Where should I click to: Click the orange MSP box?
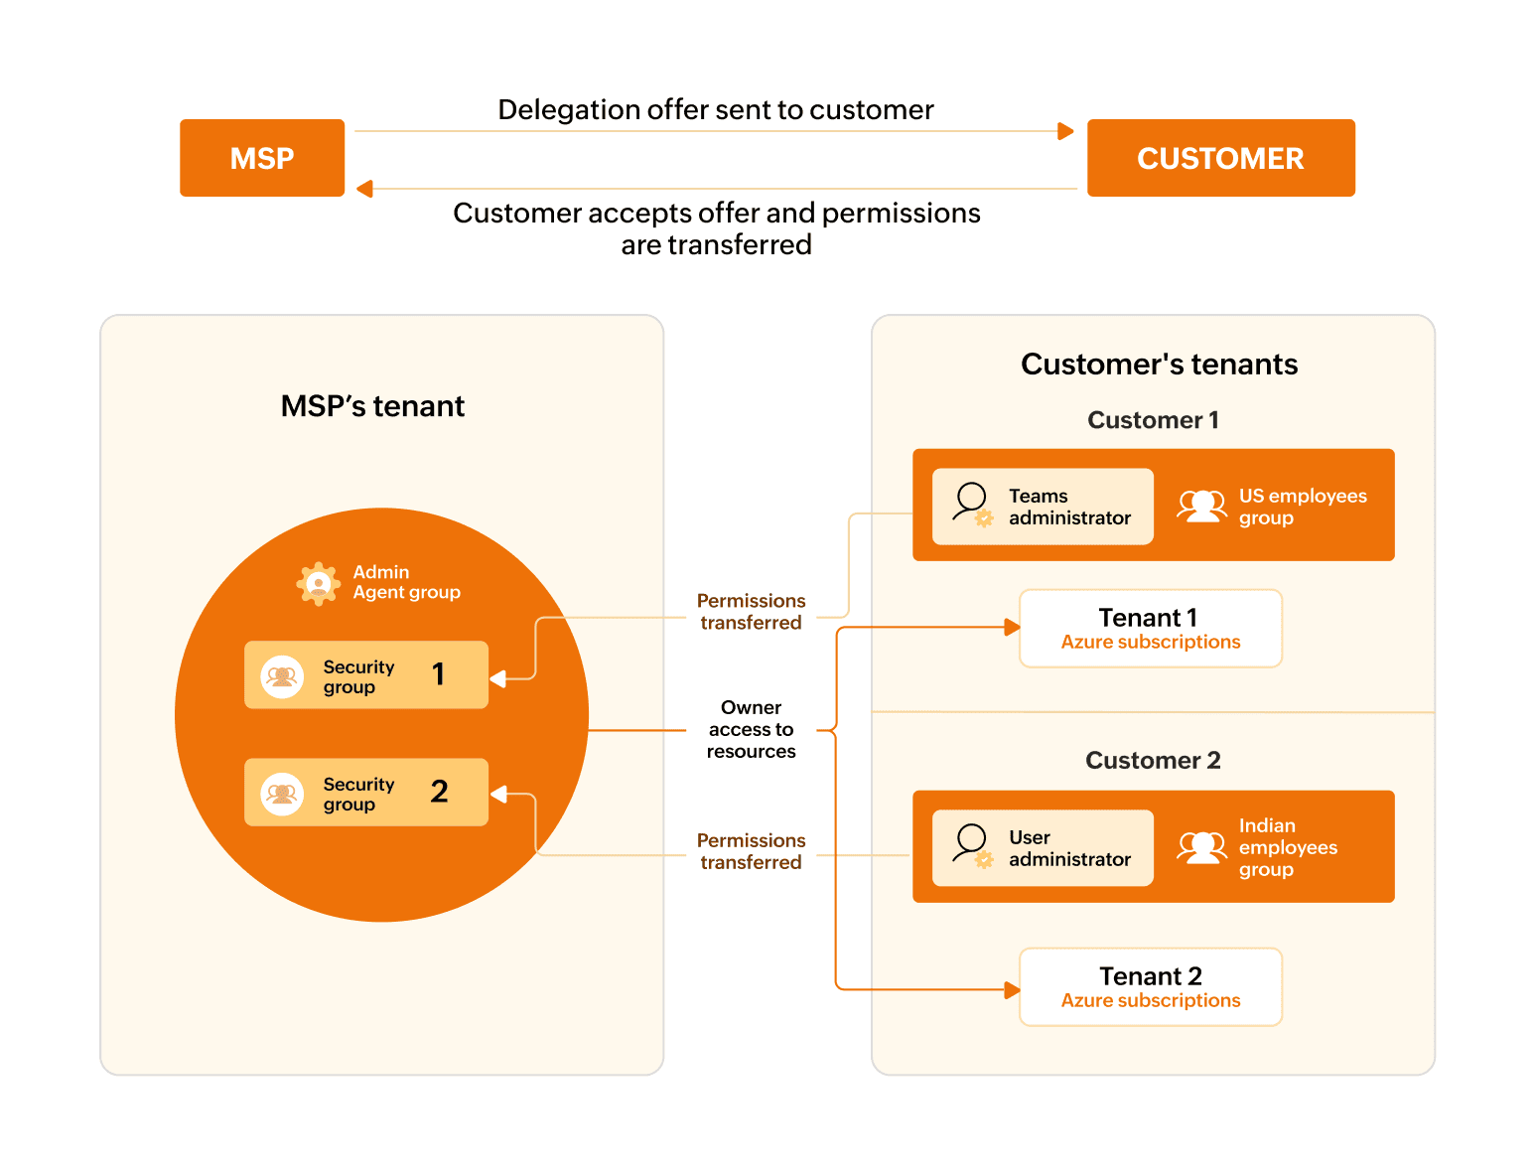(262, 158)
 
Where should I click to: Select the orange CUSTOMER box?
(1220, 158)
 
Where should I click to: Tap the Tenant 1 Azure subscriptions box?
(1150, 629)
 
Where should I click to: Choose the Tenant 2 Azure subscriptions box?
(1150, 987)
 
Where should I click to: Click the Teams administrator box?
(1043, 507)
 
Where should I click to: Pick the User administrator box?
(1043, 848)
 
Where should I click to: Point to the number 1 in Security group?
(438, 674)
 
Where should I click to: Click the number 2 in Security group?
(439, 792)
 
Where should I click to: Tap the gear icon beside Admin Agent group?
(319, 583)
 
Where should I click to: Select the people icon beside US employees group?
(1201, 506)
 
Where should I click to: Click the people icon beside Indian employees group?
(1201, 847)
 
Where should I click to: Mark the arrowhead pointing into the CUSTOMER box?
(1066, 131)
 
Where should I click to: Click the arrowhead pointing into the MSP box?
(364, 189)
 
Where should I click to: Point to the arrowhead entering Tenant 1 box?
(1012, 628)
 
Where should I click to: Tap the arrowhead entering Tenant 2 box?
(1012, 989)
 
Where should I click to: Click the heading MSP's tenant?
(372, 406)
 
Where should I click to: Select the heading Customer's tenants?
(1159, 365)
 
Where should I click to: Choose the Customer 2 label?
(1153, 761)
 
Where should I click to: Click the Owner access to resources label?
(751, 729)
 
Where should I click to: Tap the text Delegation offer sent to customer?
(715, 109)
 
